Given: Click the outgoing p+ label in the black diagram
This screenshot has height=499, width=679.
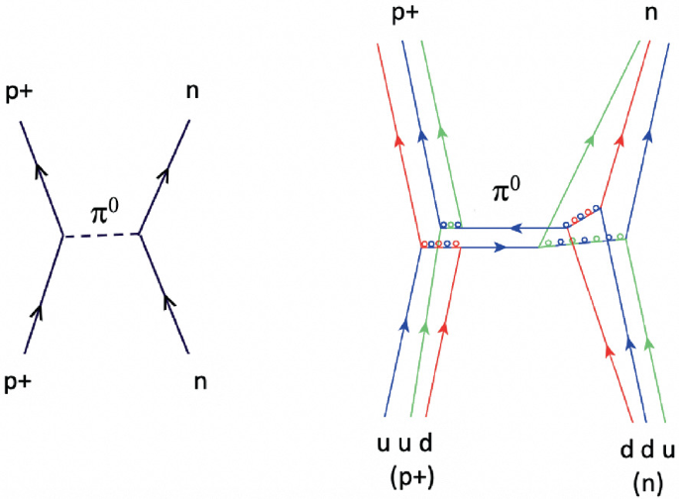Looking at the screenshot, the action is [21, 90].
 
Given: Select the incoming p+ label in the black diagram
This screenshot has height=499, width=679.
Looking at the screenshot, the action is [22, 381].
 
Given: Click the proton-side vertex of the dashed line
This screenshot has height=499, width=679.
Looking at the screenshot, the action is [63, 236].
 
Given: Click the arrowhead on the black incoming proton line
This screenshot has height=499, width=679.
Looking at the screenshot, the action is [38, 316].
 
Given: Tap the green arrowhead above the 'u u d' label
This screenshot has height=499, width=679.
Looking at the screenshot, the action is [423, 327].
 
